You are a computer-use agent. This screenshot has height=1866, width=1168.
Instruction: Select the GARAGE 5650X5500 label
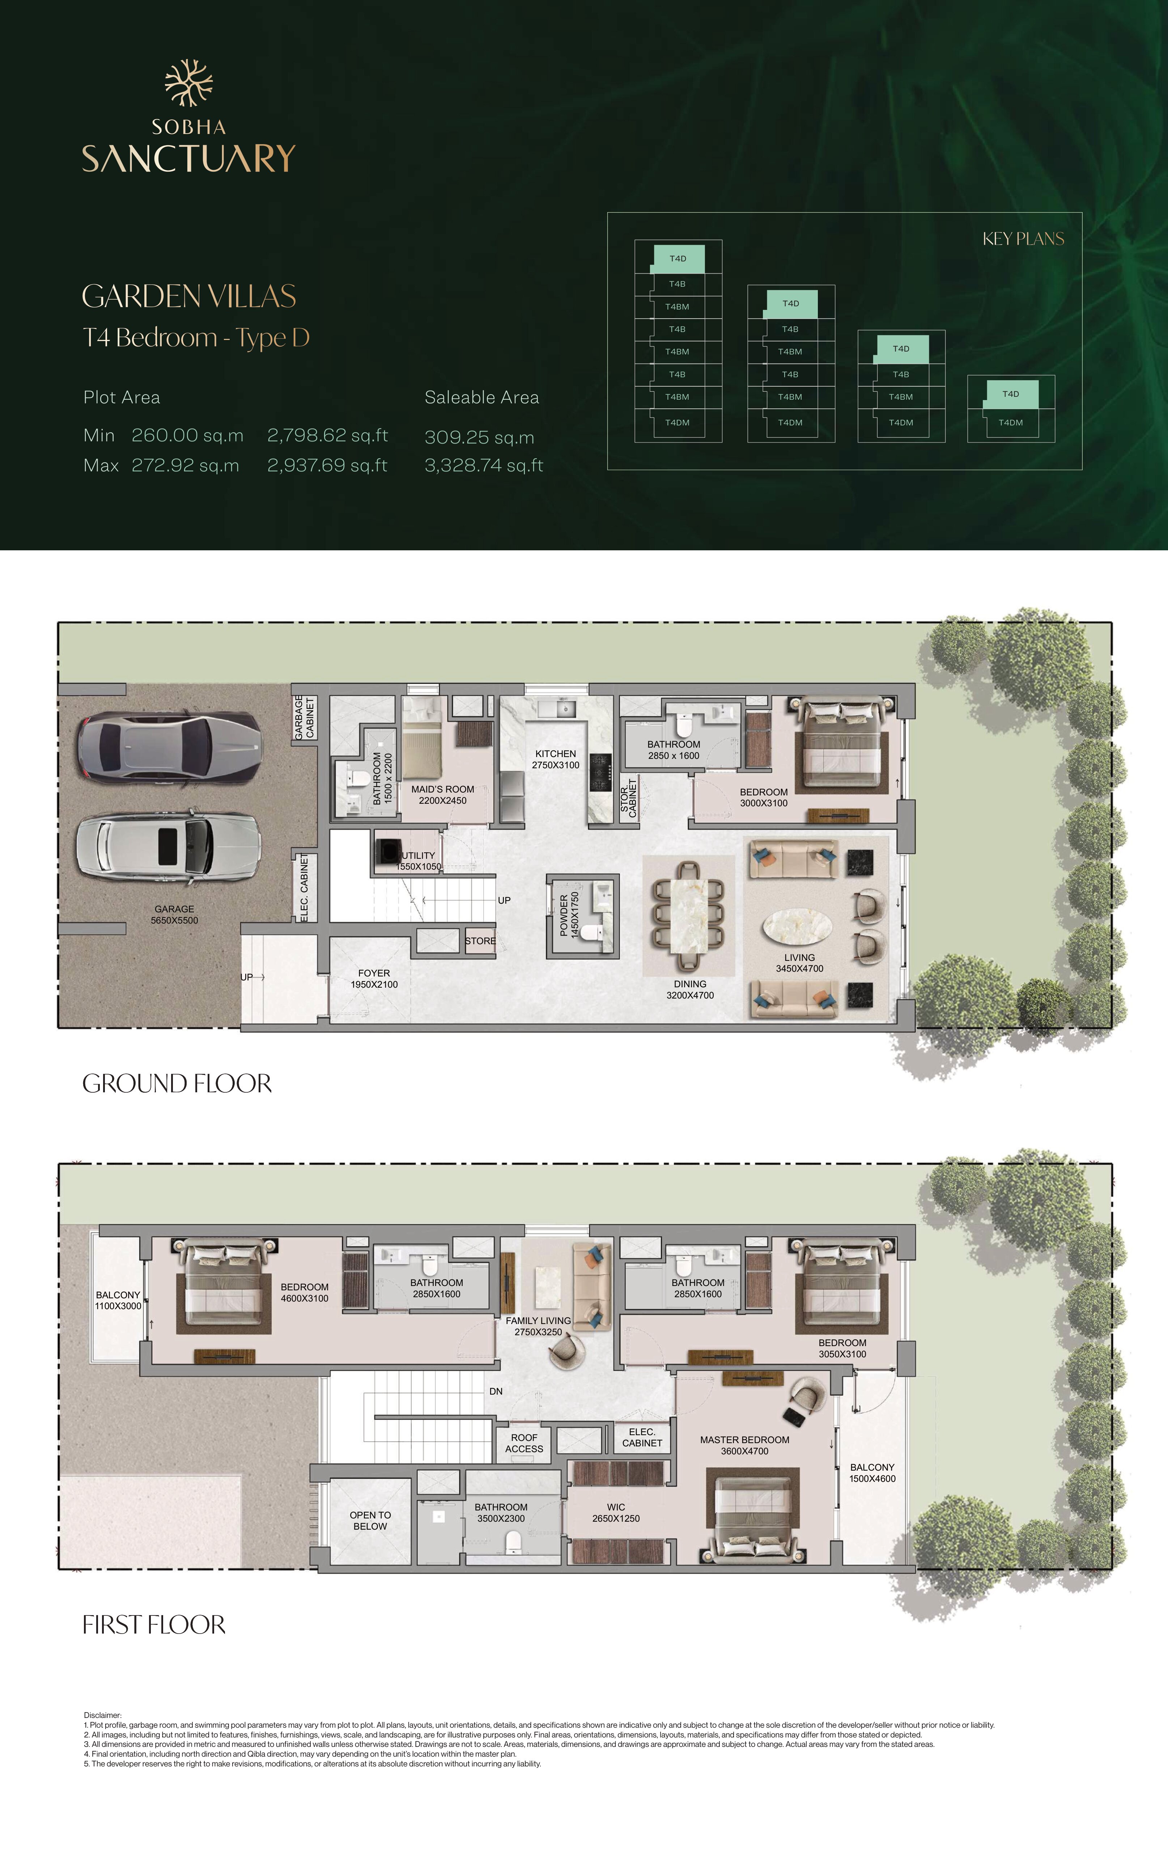175,915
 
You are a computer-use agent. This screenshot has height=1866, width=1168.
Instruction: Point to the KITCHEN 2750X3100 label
555,759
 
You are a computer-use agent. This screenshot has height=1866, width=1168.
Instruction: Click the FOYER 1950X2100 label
374,979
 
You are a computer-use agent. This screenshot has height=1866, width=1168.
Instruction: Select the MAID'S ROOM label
443,789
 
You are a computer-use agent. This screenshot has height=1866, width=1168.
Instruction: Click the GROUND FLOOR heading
177,1083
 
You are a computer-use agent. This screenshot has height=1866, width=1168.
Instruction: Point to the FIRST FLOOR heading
154,1624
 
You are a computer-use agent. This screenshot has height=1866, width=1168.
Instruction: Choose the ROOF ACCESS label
524,1443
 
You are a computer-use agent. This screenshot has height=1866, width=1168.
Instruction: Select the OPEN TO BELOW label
370,1521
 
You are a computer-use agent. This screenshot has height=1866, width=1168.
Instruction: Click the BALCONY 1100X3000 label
118,1300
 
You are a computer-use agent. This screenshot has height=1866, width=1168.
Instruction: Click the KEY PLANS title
1023,239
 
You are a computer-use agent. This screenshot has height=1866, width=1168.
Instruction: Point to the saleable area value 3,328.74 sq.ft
484,465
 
